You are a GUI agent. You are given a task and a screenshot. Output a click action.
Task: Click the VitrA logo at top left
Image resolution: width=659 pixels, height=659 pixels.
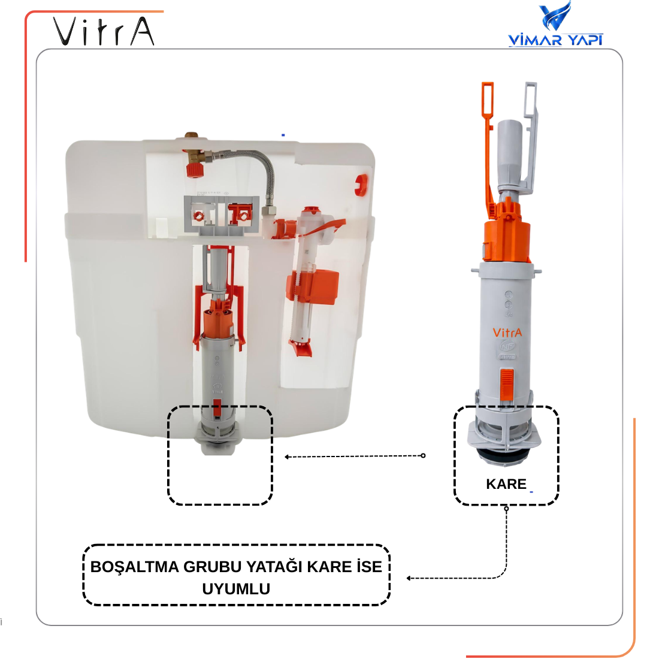(x=104, y=32)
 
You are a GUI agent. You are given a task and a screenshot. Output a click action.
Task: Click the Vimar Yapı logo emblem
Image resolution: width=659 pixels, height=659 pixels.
(x=555, y=16)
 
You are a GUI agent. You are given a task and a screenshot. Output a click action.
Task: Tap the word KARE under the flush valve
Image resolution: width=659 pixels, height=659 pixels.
(x=506, y=484)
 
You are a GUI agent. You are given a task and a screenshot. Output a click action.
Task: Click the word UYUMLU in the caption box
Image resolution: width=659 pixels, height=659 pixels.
(x=236, y=589)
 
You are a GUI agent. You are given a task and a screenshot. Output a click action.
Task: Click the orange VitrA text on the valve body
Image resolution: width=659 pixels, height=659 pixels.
(x=507, y=333)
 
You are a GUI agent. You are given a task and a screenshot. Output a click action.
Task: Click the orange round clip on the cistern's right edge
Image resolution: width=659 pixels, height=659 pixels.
(x=361, y=185)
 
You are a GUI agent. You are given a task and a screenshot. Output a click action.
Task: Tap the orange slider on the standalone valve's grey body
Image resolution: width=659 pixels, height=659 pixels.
(x=507, y=384)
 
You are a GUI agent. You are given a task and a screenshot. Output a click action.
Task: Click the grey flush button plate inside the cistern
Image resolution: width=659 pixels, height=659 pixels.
(x=219, y=214)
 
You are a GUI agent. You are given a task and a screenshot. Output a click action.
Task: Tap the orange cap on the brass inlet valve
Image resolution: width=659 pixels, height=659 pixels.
(x=195, y=170)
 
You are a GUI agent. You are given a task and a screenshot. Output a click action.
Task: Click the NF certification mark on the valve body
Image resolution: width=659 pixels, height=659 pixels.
(x=507, y=346)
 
